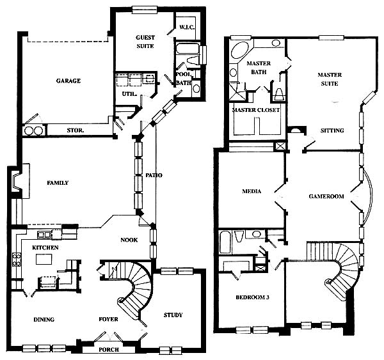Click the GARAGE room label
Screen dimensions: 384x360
(x=68, y=81)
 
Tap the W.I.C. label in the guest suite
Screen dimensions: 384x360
(x=187, y=27)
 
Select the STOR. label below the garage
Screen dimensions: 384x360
(x=76, y=130)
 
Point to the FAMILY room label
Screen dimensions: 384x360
(x=58, y=183)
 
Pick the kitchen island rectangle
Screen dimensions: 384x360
(x=44, y=259)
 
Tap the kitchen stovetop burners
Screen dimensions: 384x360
(x=17, y=260)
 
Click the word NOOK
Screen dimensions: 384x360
(x=129, y=240)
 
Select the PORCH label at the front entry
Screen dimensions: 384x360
(x=109, y=350)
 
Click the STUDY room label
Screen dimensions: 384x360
(x=173, y=315)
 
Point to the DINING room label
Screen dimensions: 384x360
(x=44, y=320)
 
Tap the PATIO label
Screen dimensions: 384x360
(x=154, y=175)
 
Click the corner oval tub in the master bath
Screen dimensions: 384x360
(x=240, y=50)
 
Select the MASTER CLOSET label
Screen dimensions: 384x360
(x=256, y=110)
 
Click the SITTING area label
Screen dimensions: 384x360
(x=332, y=130)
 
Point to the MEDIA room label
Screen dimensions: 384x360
(x=252, y=191)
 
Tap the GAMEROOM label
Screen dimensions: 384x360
(x=326, y=196)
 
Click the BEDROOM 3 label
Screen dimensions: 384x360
(x=253, y=297)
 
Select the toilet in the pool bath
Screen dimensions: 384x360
(x=194, y=60)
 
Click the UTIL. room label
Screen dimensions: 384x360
(x=129, y=94)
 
